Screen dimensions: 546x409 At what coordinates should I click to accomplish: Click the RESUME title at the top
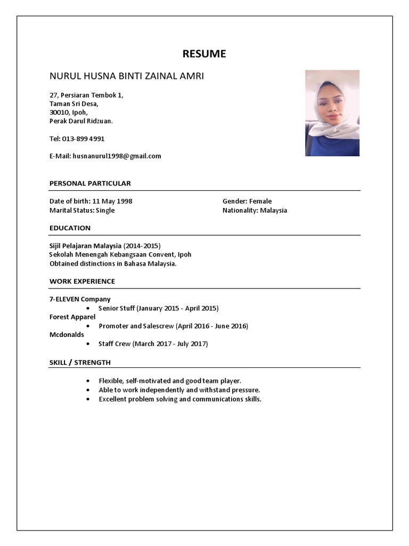point(204,54)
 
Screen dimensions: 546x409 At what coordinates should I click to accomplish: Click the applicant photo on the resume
point(332,113)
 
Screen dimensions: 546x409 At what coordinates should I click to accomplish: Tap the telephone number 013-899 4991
point(83,139)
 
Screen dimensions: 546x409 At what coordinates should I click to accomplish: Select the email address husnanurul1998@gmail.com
point(117,156)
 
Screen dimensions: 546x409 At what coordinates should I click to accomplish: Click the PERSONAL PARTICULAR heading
point(90,183)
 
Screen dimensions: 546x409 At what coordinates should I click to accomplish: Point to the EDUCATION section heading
point(70,228)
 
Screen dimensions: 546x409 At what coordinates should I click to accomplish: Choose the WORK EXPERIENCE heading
point(82,282)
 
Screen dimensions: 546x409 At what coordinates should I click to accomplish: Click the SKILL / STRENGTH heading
point(80,363)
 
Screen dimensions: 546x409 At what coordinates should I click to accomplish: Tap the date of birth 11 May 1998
point(112,202)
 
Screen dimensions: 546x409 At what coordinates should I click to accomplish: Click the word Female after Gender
point(260,202)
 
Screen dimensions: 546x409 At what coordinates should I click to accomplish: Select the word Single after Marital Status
point(105,211)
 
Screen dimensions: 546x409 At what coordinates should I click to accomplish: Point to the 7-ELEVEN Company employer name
point(80,299)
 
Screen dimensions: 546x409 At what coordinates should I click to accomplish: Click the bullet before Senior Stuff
point(88,309)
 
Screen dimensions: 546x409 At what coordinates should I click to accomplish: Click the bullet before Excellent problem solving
point(88,399)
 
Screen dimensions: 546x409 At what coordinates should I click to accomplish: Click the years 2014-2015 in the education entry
point(142,246)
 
